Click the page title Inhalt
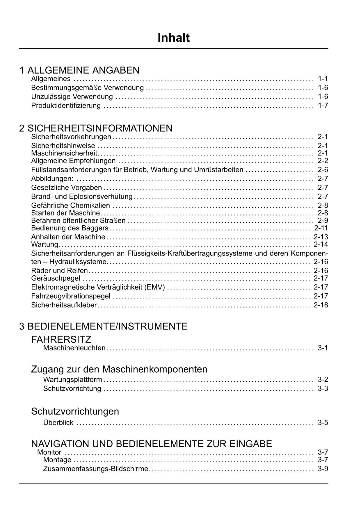(x=173, y=38)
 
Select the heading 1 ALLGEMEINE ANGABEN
(x=79, y=70)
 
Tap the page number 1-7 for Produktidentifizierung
(x=323, y=105)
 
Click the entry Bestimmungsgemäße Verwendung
(x=87, y=88)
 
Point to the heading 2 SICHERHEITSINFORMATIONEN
(x=96, y=128)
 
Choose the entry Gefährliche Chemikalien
(x=70, y=205)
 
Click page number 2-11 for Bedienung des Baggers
(x=321, y=228)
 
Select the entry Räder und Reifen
(x=59, y=271)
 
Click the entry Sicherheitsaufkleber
(x=64, y=305)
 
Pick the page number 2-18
(x=321, y=305)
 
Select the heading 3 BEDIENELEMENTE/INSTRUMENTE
(x=103, y=326)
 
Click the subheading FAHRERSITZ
(x=61, y=339)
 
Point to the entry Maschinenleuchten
(x=74, y=348)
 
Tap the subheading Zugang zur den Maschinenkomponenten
(x=119, y=369)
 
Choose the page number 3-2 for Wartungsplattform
(x=323, y=380)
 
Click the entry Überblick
(x=58, y=422)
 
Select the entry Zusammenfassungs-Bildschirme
(x=96, y=469)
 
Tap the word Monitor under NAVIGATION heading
(x=49, y=452)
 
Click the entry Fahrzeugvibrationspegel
(x=71, y=296)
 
